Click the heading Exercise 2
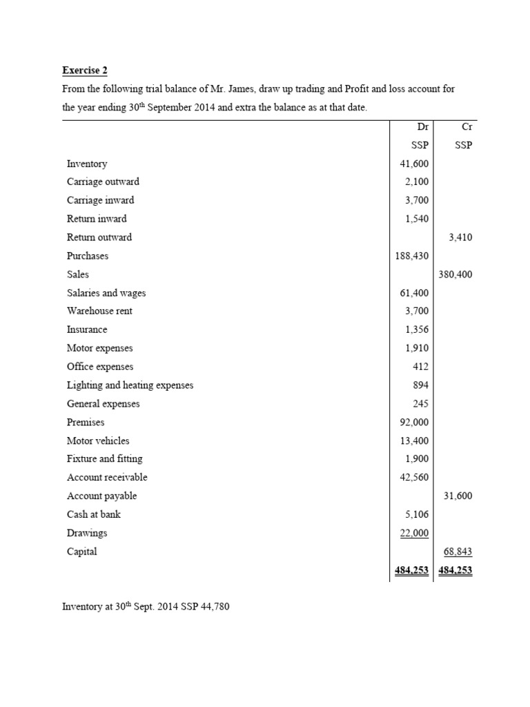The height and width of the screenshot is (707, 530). tap(85, 70)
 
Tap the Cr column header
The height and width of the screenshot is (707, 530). tap(465, 127)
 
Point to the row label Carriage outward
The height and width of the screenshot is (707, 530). tap(103, 182)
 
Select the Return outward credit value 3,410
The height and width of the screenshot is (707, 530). tap(460, 237)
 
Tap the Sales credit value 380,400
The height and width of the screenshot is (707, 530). tap(455, 274)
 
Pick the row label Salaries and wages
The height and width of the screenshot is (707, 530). tap(106, 293)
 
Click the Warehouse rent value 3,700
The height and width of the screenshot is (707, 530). tap(417, 311)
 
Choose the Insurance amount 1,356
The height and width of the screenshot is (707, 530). tap(417, 329)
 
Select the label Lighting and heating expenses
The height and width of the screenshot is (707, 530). tap(130, 385)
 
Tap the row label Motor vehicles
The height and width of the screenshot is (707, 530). tap(98, 440)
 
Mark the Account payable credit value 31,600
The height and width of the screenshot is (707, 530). tap(458, 496)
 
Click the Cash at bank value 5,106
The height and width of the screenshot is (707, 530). tap(417, 514)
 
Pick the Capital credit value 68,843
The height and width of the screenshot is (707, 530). tap(458, 552)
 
